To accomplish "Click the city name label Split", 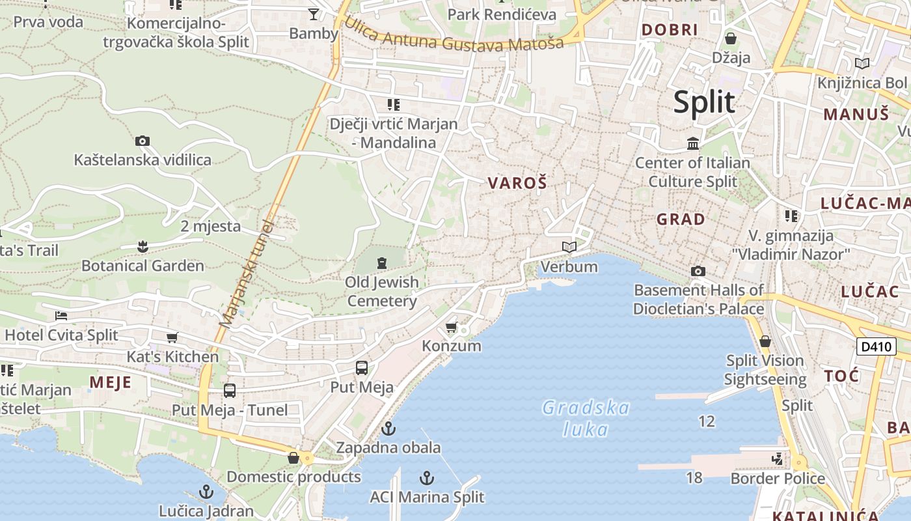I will pyautogui.click(x=704, y=103).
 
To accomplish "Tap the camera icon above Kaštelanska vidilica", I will pyautogui.click(x=143, y=141).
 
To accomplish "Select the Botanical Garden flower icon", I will pyautogui.click(x=143, y=246).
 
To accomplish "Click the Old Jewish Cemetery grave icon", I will pyautogui.click(x=382, y=263).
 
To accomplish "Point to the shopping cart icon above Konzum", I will pyautogui.click(x=452, y=327).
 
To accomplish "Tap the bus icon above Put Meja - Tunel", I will pyautogui.click(x=230, y=391).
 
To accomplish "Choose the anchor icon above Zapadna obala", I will pyautogui.click(x=388, y=429).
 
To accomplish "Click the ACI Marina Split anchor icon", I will pyautogui.click(x=427, y=478).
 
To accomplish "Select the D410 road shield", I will pyautogui.click(x=876, y=346).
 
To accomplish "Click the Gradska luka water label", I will pyautogui.click(x=586, y=418).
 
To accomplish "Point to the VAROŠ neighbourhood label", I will pyautogui.click(x=517, y=184).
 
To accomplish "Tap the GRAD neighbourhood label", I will pyautogui.click(x=681, y=219).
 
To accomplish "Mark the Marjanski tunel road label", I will pyautogui.click(x=247, y=274).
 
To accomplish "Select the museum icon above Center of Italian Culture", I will pyautogui.click(x=693, y=143).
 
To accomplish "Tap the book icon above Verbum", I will pyautogui.click(x=569, y=247).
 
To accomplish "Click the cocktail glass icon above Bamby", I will pyautogui.click(x=314, y=14).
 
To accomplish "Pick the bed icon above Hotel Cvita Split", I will pyautogui.click(x=61, y=316).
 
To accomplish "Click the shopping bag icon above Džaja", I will pyautogui.click(x=731, y=38).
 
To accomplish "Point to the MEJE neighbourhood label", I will pyautogui.click(x=111, y=382).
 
